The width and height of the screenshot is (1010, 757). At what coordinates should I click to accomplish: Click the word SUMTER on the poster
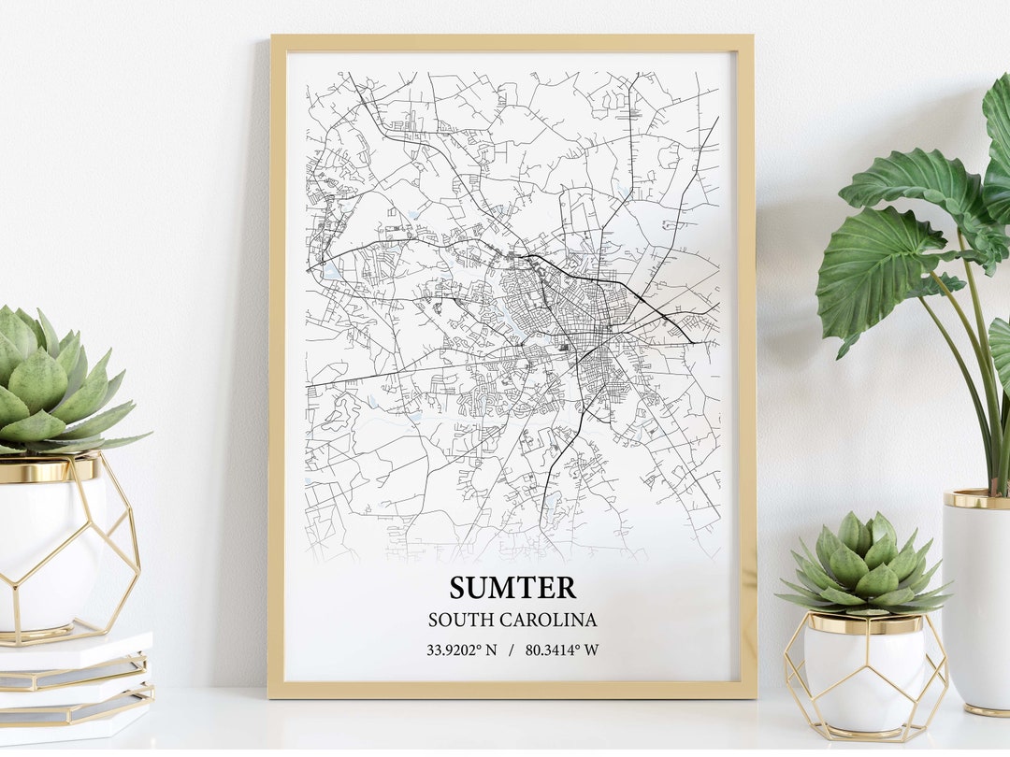tap(512, 588)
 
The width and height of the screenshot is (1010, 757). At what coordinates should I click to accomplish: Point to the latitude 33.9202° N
tap(462, 650)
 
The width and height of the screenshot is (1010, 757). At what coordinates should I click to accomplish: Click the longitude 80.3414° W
tap(562, 650)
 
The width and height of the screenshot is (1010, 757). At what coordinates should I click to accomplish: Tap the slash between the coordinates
tap(512, 650)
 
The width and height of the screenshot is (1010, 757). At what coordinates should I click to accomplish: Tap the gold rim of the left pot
tap(47, 469)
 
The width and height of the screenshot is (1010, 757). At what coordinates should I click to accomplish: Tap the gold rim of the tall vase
tap(976, 500)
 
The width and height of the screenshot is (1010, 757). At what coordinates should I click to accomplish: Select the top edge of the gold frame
tap(512, 42)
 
